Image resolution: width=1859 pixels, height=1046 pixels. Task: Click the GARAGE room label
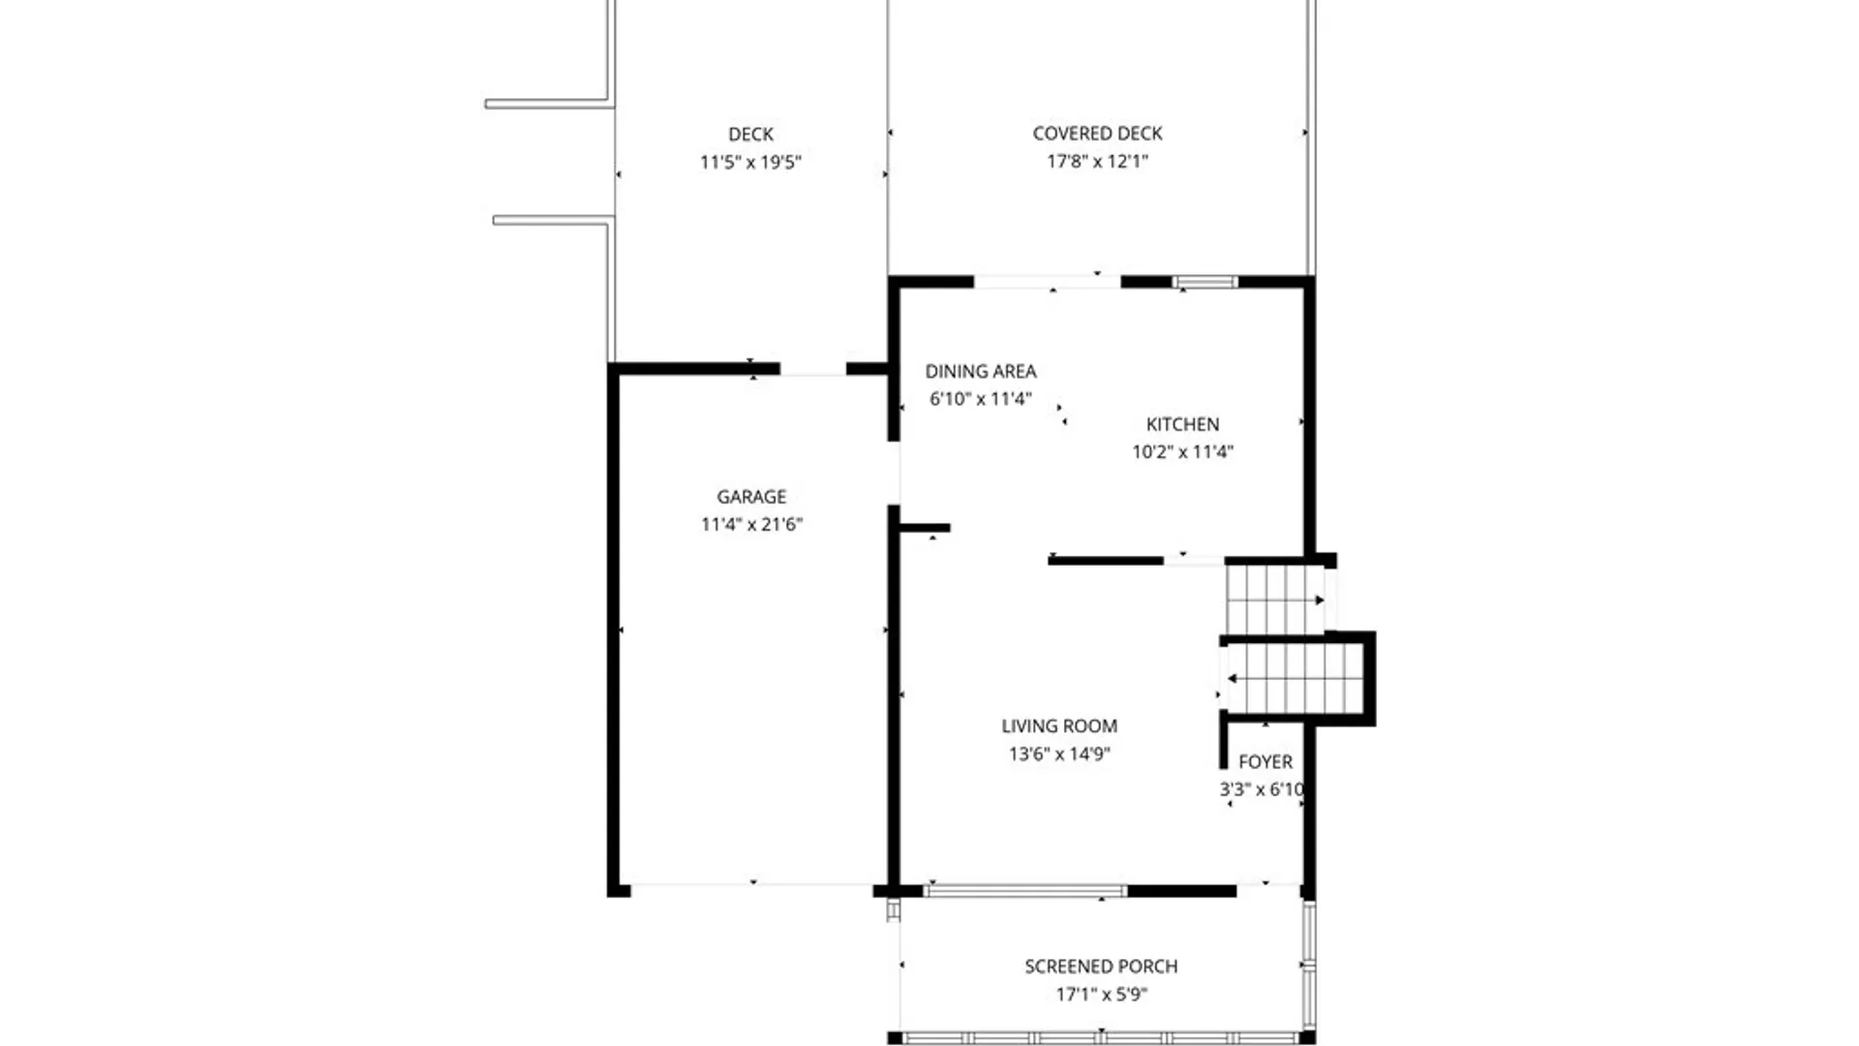coord(751,497)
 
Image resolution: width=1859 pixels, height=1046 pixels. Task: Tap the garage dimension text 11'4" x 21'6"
coord(751,525)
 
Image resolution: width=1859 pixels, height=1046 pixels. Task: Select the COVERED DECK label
coord(1097,134)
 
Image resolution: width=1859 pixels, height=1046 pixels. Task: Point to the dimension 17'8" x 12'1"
coord(1097,162)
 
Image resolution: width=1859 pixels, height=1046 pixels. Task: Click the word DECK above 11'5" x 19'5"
coord(750,135)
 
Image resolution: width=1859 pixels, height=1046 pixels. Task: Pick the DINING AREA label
coord(980,371)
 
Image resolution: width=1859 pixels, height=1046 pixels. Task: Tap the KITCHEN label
coord(1182,424)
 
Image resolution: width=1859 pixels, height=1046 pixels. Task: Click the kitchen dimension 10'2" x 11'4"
coord(1182,451)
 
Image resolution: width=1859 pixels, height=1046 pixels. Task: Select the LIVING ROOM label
coord(1058,726)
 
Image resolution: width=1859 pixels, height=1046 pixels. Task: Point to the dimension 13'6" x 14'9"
coord(1058,754)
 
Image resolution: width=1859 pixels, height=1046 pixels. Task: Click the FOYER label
coord(1265,762)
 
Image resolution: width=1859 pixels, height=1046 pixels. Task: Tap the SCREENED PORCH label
coord(1101,967)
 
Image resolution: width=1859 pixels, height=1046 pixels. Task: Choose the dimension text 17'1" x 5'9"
coord(1101,994)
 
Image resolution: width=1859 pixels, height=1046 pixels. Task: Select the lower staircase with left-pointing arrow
coord(1295,678)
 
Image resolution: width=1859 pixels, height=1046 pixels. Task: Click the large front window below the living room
coord(1025,891)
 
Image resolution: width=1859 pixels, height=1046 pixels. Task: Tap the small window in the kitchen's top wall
coord(1204,283)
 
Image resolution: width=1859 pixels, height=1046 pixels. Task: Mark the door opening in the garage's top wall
coord(812,369)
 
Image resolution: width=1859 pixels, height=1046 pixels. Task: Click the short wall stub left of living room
coord(925,528)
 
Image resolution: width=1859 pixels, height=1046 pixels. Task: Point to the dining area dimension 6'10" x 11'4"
coord(980,399)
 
